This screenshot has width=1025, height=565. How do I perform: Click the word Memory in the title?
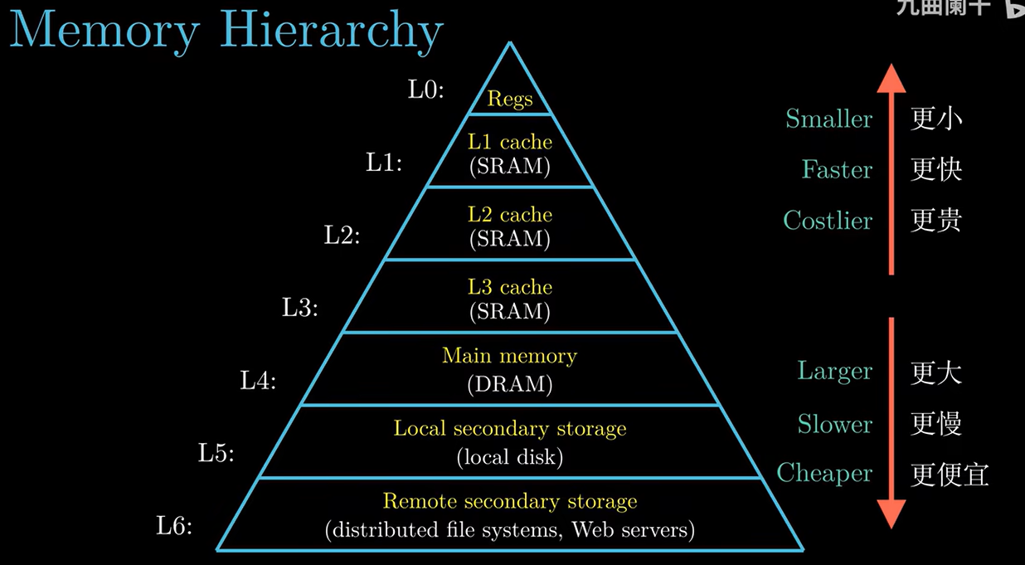tap(104, 31)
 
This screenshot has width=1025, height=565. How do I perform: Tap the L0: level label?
tap(426, 90)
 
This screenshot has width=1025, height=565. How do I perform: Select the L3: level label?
tap(300, 308)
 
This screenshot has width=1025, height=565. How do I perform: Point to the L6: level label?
tap(174, 525)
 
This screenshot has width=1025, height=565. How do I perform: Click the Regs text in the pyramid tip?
tap(509, 100)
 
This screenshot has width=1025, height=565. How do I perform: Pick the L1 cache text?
tap(509, 142)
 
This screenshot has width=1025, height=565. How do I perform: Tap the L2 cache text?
tap(509, 215)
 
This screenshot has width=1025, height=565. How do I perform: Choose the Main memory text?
tap(509, 356)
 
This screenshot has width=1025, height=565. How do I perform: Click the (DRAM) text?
tap(509, 383)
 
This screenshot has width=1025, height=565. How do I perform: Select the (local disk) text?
tap(509, 456)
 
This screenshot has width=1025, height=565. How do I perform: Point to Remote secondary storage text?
tap(509, 502)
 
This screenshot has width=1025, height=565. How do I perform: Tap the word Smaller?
tap(828, 119)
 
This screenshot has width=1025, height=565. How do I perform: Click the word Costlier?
tap(828, 221)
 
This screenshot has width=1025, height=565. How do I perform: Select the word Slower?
tap(834, 424)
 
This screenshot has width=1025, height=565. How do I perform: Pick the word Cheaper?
tap(824, 473)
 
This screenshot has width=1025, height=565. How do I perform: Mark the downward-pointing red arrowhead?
tap(891, 514)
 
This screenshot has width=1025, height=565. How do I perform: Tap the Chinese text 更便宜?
tap(950, 475)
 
